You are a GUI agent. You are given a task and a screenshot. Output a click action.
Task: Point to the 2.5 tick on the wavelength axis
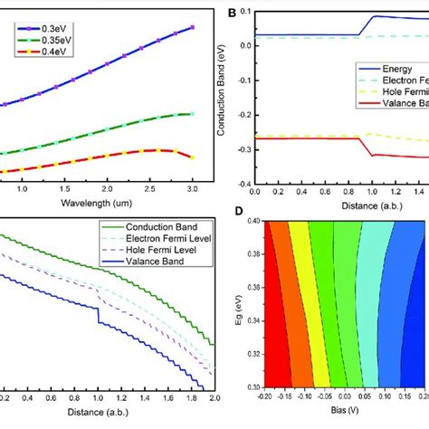pyautogui.click(x=149, y=189)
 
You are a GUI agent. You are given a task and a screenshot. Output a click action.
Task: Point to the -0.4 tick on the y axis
pyautogui.click(x=242, y=181)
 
